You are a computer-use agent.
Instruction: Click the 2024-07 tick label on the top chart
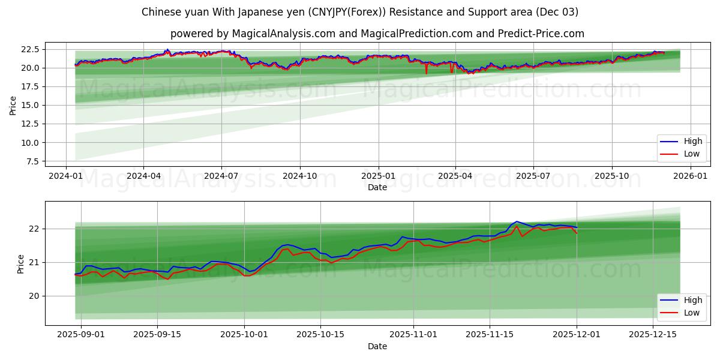(x=221, y=176)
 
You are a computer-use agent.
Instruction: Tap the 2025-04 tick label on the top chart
(x=455, y=176)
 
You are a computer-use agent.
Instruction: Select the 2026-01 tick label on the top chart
(x=690, y=176)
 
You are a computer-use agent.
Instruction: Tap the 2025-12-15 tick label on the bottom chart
(x=652, y=335)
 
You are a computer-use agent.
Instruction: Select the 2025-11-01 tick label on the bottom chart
(x=413, y=335)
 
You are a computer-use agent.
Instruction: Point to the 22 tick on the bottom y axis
(x=34, y=229)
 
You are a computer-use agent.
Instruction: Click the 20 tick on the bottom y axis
(x=34, y=296)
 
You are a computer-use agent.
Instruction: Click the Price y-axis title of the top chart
(x=13, y=105)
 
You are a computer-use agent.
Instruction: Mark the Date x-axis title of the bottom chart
(x=377, y=346)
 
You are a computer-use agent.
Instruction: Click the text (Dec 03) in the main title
(x=557, y=12)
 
